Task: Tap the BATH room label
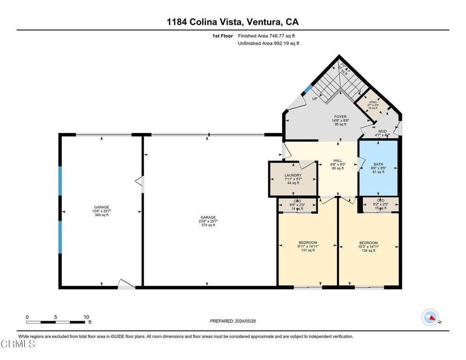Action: coord(378,165)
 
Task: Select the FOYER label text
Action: coord(340,117)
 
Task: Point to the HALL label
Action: coord(338,161)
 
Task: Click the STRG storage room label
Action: coord(373,102)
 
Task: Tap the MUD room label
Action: coord(383,132)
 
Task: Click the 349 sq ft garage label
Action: coord(101,207)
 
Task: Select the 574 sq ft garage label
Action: coord(208,217)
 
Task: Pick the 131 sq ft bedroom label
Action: coord(308,243)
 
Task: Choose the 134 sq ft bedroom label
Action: coord(369,243)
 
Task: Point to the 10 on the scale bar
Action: coord(86,317)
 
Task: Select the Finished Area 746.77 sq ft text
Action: coord(266,36)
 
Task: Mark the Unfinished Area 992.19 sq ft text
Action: coord(269,43)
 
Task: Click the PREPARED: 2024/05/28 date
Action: coord(233,321)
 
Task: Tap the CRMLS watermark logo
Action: coord(17,345)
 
